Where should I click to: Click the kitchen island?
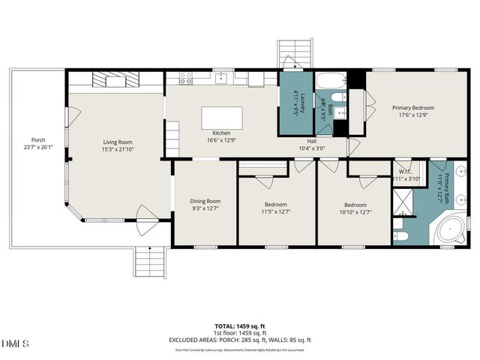point(221,119)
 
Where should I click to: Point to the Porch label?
point(37,140)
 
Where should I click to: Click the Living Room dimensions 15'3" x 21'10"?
point(118,149)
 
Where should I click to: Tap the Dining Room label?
point(204,201)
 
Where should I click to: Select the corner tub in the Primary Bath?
point(451,228)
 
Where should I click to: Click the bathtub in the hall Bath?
point(329,81)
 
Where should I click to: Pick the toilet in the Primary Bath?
point(400,236)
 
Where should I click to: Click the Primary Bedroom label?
point(412,108)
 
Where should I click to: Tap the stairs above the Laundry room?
point(289,54)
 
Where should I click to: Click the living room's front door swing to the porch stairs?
point(146,225)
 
